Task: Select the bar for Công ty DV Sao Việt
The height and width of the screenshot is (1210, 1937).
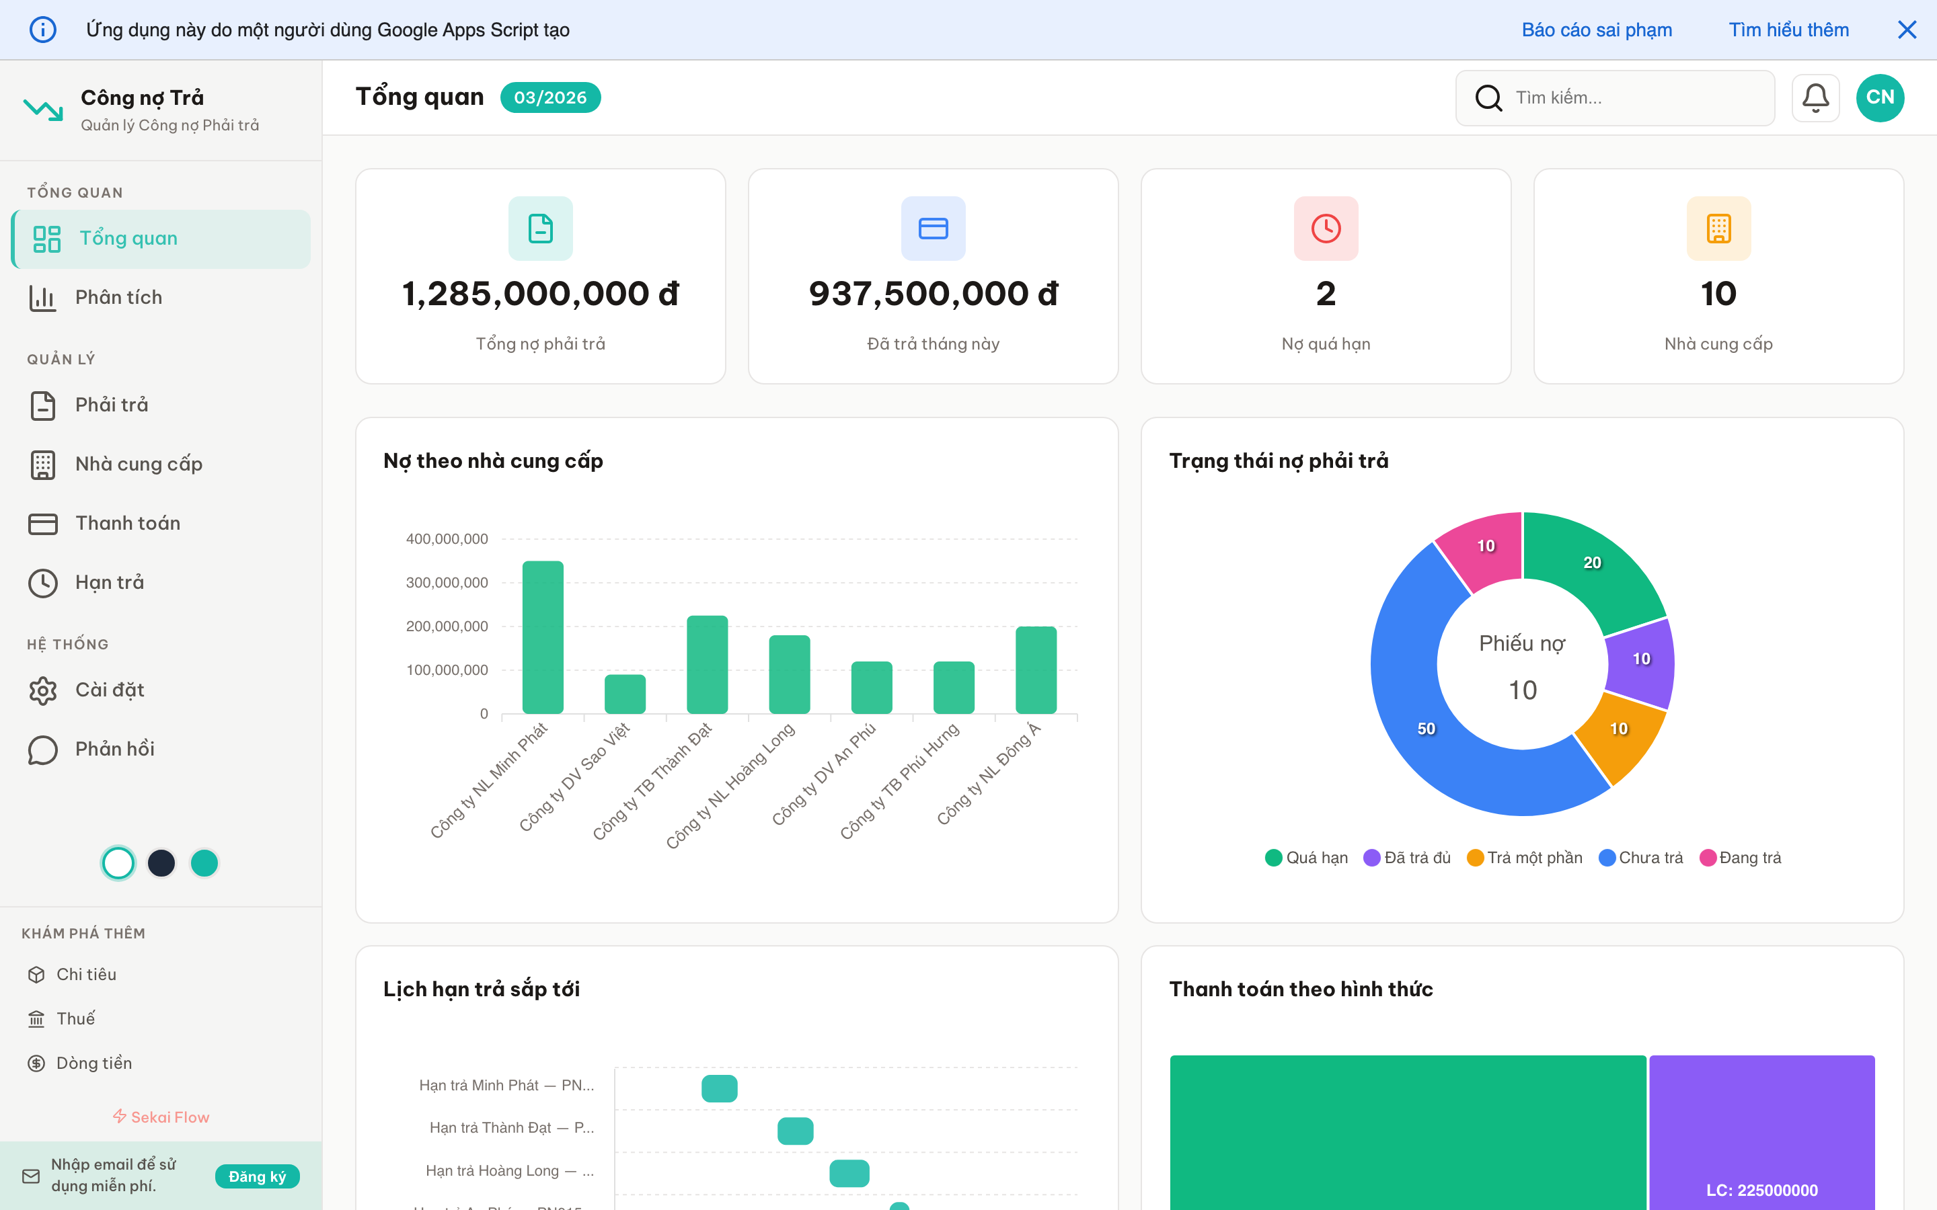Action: (x=625, y=694)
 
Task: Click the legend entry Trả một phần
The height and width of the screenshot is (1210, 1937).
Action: (x=1525, y=858)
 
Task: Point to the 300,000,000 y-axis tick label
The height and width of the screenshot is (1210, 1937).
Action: (x=447, y=583)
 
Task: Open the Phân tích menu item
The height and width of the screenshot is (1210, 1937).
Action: (x=118, y=298)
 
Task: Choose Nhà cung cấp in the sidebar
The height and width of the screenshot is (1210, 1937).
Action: (x=139, y=464)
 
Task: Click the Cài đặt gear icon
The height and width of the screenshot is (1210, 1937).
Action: (x=43, y=690)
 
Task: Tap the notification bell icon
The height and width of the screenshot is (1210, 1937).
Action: (x=1815, y=97)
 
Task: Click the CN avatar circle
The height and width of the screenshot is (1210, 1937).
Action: (x=1879, y=97)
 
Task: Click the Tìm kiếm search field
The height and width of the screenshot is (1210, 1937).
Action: (x=1625, y=97)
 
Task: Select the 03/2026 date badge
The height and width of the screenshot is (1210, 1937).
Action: (x=550, y=97)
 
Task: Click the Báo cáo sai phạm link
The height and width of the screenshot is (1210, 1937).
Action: (x=1596, y=30)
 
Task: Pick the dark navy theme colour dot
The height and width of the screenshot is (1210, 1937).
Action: (x=161, y=862)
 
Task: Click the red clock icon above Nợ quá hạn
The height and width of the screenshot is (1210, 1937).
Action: (x=1326, y=229)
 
